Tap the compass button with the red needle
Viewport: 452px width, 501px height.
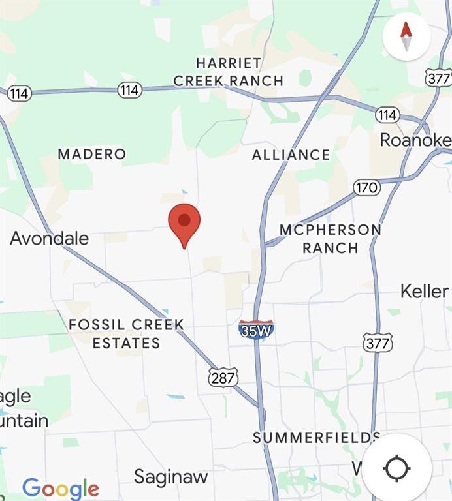pos(406,37)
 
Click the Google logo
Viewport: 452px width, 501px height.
pos(61,489)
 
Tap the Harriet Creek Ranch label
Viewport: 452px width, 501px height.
pos(228,72)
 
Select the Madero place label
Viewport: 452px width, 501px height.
pos(91,154)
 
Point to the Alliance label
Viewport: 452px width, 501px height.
pos(291,155)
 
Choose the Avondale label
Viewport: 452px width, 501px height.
pos(49,238)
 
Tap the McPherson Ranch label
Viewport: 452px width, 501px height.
pos(330,239)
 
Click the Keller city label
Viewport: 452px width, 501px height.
pos(425,291)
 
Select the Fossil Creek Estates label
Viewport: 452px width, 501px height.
pos(126,333)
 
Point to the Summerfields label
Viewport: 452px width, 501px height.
pos(316,437)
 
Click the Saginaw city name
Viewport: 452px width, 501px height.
pos(170,477)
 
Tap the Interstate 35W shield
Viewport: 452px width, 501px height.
pos(256,329)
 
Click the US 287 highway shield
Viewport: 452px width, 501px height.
pos(223,377)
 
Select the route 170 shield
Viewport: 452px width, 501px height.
pos(367,188)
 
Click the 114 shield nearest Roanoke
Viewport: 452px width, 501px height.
pos(387,115)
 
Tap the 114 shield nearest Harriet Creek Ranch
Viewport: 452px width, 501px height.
pos(129,90)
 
